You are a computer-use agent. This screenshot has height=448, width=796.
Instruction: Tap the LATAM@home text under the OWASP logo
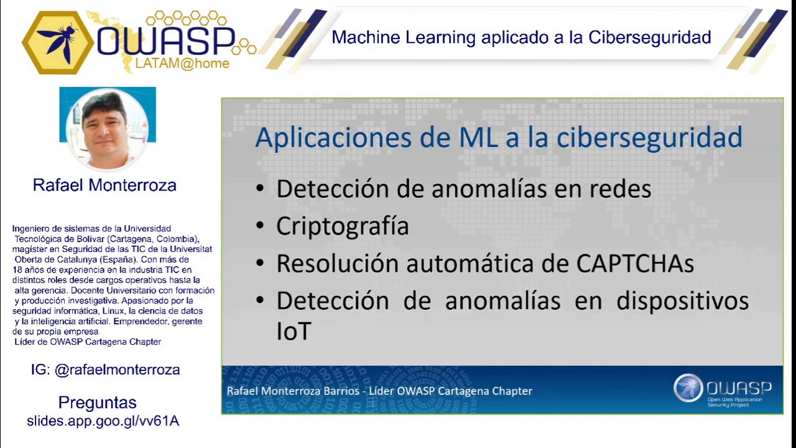pos(182,63)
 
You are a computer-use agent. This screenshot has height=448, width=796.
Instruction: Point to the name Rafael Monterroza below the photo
pos(104,185)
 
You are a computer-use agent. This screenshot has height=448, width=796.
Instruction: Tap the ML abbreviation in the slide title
pos(478,138)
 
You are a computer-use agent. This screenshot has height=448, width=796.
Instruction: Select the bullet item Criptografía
pos(342,226)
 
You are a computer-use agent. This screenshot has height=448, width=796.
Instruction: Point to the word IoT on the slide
pos(293,332)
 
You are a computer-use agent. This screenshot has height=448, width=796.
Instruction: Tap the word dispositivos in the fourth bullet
pos(682,301)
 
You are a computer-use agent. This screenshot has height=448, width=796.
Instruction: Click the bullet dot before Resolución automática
pos(260,264)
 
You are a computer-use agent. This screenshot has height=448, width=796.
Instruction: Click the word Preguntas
pos(98,403)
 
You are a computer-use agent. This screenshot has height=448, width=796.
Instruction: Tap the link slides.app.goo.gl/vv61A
pos(103,421)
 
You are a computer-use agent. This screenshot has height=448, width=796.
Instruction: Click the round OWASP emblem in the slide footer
pos(688,388)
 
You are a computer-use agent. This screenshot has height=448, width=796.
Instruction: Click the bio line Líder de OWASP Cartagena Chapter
pos(88,342)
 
